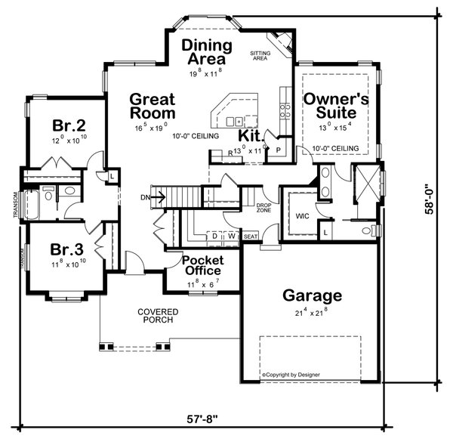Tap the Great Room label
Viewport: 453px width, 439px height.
coord(152,107)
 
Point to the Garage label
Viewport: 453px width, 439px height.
coord(312,295)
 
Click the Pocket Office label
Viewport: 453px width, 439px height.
coord(202,265)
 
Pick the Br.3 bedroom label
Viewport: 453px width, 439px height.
coord(66,249)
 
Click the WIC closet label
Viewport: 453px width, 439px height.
coord(303,215)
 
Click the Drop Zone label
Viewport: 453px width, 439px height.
coord(263,208)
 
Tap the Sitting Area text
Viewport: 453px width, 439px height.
coord(260,55)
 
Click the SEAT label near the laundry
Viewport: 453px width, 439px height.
coord(251,237)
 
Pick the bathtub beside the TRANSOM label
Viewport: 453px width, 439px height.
coord(34,206)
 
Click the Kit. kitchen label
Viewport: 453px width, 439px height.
coord(251,136)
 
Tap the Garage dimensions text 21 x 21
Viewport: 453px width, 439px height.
coord(312,311)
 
